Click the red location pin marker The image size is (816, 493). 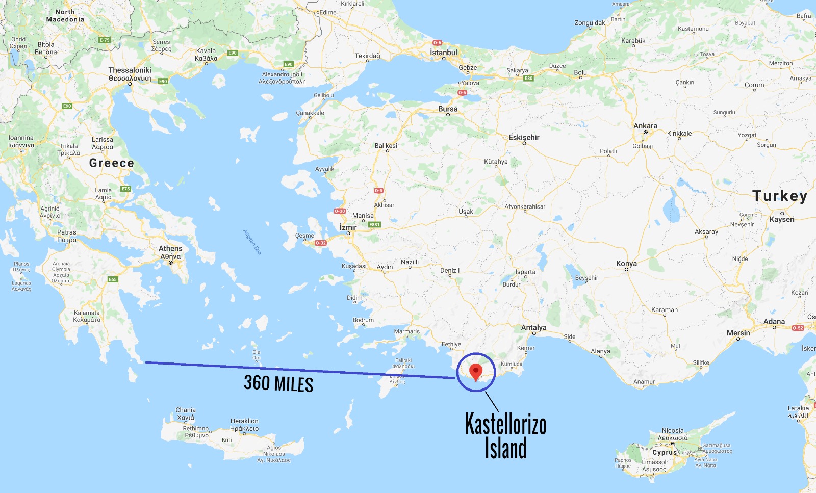pyautogui.click(x=476, y=372)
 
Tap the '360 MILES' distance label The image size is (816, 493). pyautogui.click(x=278, y=383)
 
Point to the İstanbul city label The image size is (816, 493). pyautogui.click(x=443, y=53)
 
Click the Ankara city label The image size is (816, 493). pyautogui.click(x=645, y=126)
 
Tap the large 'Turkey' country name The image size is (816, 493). pyautogui.click(x=780, y=196)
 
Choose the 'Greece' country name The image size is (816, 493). pyautogui.click(x=111, y=163)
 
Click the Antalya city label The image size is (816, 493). pyautogui.click(x=533, y=328)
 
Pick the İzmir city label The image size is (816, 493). pyautogui.click(x=348, y=227)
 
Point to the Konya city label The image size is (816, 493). pyautogui.click(x=626, y=264)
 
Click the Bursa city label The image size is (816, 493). pyautogui.click(x=448, y=109)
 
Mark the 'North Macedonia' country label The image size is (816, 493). pyautogui.click(x=65, y=15)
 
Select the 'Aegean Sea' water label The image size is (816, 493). pyautogui.click(x=252, y=242)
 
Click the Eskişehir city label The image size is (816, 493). pyautogui.click(x=524, y=138)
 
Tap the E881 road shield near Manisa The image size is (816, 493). pyautogui.click(x=375, y=224)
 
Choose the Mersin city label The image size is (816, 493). pyautogui.click(x=738, y=333)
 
